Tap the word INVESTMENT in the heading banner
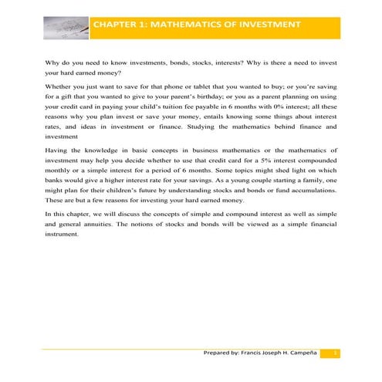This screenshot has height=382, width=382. click(x=267, y=25)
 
